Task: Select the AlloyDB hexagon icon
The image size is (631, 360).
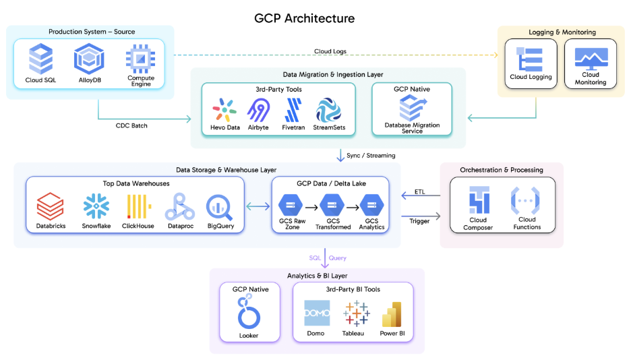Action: pos(89,58)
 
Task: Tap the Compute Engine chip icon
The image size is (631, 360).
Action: pos(140,58)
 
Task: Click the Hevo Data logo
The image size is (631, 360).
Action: pos(224,110)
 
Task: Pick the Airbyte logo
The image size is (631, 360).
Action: pos(259,110)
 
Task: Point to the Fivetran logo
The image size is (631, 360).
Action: pos(293,110)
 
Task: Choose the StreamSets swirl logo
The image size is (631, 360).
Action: pos(329,110)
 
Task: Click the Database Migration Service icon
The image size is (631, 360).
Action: pos(412,107)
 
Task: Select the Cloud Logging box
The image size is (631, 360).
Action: pos(531,63)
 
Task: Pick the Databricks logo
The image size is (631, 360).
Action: pos(50,206)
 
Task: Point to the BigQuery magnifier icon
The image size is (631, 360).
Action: pos(220,206)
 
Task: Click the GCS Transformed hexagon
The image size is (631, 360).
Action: pos(333,205)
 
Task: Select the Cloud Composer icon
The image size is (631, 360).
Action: pos(479,201)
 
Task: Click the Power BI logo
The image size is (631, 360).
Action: pos(392,314)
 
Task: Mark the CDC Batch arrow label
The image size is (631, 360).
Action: pos(131,125)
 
